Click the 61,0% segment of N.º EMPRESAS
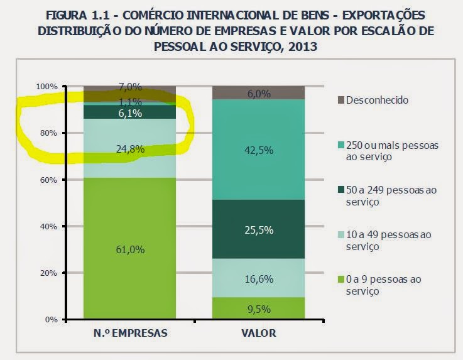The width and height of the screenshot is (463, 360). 130,249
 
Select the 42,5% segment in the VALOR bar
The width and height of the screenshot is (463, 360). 258,150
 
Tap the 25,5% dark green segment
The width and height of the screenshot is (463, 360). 258,229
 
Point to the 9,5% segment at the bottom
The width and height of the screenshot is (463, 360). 258,308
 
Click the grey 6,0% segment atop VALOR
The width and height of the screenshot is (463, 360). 258,94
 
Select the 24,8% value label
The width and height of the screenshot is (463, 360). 130,149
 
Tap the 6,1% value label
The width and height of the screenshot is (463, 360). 130,114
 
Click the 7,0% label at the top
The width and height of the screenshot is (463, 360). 130,87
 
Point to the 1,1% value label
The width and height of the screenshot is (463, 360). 130,102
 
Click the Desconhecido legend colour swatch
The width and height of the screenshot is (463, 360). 342,100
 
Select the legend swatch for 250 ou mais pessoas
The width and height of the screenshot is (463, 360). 342,145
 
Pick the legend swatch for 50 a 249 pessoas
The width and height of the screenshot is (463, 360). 342,190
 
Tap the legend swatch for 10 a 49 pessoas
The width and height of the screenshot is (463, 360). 342,235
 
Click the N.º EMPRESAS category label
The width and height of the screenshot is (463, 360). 130,334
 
